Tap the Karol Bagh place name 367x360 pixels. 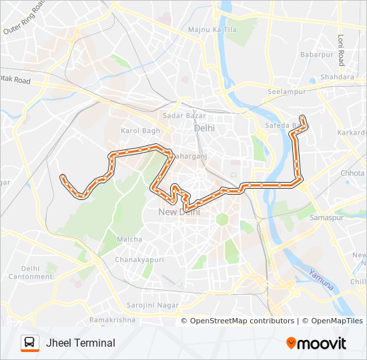click(139, 131)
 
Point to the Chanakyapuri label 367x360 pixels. click(134, 259)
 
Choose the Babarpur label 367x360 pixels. click(316, 54)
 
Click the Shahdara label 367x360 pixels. click(337, 77)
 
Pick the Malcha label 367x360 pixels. click(129, 239)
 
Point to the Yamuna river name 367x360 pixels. click(320, 279)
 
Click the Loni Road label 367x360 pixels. click(341, 50)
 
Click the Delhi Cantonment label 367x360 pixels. click(26, 272)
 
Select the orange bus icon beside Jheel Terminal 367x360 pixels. click(30, 343)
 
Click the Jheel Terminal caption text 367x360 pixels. click(81, 343)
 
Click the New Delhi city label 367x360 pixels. click(179, 212)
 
